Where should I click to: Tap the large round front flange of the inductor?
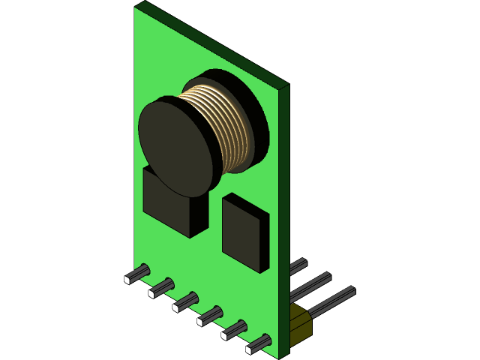pos(177,147)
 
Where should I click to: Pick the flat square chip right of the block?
pos(244,232)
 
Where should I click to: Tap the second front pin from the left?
pos(162,287)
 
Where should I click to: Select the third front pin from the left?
pos(186,301)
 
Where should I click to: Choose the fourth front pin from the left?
pos(210,316)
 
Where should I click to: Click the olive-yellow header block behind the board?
pos(300,324)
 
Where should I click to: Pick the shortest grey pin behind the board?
pos(298,265)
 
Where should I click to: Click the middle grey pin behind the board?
pos(311,285)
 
